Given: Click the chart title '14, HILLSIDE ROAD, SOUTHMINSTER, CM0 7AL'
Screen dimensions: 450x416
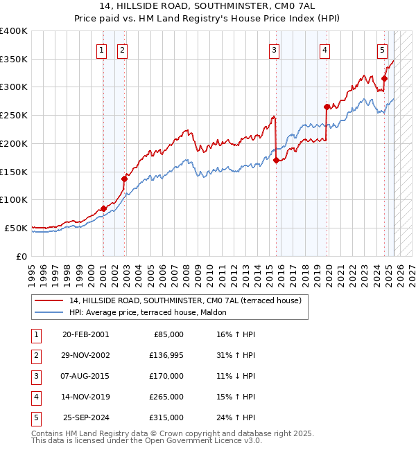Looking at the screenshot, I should (208, 6).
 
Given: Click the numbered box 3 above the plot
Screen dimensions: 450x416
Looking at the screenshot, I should (275, 49).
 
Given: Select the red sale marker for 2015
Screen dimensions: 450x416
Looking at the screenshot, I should (277, 160).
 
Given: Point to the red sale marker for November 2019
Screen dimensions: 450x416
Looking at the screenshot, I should (327, 107).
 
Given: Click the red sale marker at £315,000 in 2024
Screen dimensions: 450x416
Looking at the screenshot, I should (384, 78).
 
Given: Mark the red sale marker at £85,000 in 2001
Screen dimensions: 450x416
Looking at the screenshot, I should (103, 208).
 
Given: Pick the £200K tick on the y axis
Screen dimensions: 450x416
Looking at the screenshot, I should (14, 143).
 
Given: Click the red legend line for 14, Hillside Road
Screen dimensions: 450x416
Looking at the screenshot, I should (49, 301).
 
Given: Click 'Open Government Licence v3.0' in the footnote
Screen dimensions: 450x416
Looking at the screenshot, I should (209, 440).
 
